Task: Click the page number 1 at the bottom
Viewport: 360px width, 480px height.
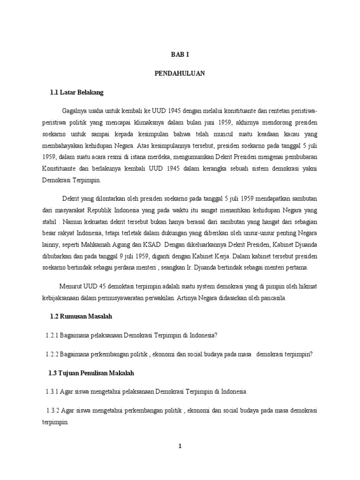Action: (180, 446)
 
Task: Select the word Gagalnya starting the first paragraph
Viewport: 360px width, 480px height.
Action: (76, 111)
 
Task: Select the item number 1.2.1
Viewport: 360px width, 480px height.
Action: (55, 336)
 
